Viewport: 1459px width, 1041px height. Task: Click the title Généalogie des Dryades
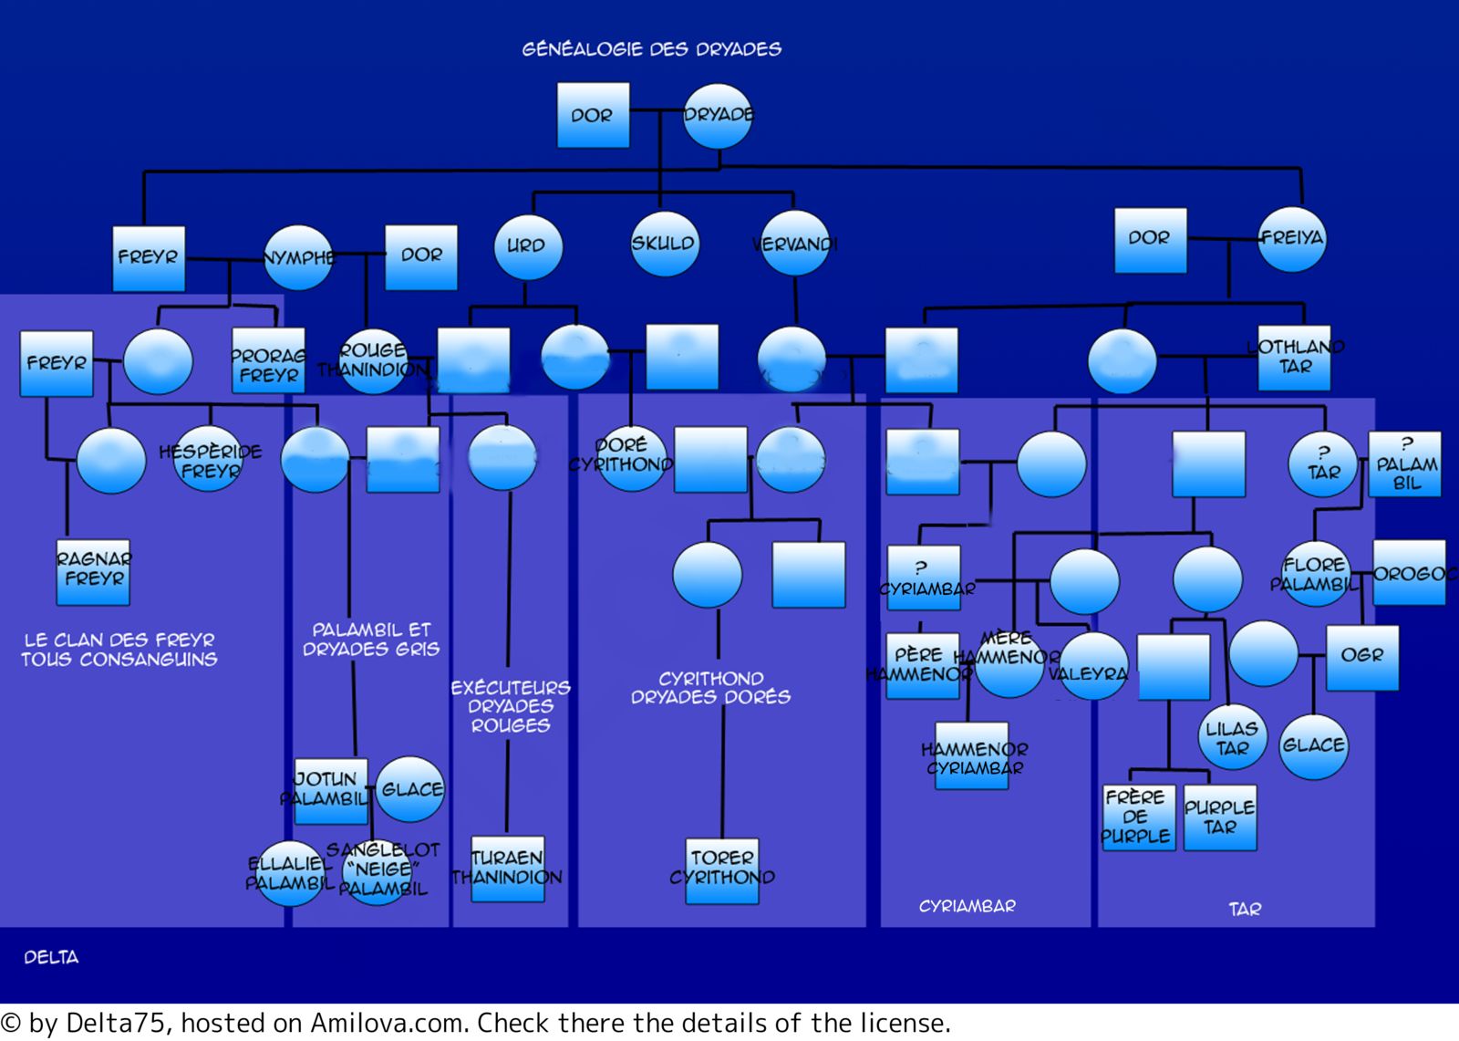pyautogui.click(x=651, y=49)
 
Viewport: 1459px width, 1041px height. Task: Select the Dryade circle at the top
pyautogui.click(x=718, y=116)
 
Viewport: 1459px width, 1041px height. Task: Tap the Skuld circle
pyautogui.click(x=664, y=244)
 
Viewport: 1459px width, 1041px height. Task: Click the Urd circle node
pyautogui.click(x=527, y=246)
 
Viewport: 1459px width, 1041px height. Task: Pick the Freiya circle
pyautogui.click(x=1291, y=239)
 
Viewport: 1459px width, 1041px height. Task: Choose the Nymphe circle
pyautogui.click(x=298, y=258)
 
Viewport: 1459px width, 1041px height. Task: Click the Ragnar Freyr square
pyautogui.click(x=93, y=572)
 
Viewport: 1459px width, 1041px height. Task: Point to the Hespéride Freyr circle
pyautogui.click(x=209, y=461)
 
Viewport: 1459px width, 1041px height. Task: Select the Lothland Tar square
pyautogui.click(x=1295, y=358)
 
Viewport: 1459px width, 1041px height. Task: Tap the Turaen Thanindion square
pyautogui.click(x=508, y=869)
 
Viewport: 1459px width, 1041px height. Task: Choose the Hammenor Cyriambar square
pyautogui.click(x=974, y=756)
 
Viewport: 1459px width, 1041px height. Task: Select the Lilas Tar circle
pyautogui.click(x=1232, y=737)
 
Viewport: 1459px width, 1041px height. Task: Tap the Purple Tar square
pyautogui.click(x=1220, y=817)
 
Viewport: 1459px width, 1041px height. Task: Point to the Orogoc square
pyautogui.click(x=1409, y=573)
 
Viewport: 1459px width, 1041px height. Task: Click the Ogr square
pyautogui.click(x=1361, y=657)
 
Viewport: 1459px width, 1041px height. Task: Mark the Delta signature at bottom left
pyautogui.click(x=51, y=957)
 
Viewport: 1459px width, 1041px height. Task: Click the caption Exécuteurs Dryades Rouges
pyautogui.click(x=510, y=706)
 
